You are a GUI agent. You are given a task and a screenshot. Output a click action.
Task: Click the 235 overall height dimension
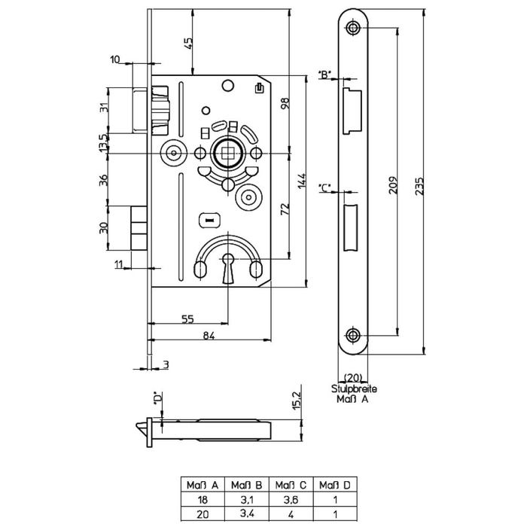point(420,186)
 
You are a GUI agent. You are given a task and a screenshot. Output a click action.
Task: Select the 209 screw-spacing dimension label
point(393,184)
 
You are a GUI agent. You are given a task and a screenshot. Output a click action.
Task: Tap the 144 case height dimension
point(302,181)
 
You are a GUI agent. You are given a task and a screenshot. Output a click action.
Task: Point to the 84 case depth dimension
point(209,335)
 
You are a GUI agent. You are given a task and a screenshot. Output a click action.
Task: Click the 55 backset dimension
point(187,318)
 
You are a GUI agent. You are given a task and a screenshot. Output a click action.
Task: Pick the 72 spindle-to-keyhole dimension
point(285,209)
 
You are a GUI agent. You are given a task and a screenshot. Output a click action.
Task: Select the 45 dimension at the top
point(188,44)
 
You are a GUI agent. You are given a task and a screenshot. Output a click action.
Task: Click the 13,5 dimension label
point(104,143)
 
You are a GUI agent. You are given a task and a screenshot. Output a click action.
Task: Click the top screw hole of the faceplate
point(352,28)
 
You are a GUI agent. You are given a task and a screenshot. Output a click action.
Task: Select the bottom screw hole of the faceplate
point(352,335)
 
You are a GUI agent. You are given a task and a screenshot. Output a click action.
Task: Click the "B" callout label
point(324,75)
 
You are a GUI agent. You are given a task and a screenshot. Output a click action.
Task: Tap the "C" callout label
point(324,188)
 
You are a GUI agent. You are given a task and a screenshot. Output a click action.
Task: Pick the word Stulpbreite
point(355,389)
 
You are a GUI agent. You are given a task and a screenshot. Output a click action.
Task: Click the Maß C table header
point(291,485)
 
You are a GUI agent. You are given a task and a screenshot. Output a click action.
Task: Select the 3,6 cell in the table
point(291,500)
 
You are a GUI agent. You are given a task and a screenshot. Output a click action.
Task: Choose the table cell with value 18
point(203,500)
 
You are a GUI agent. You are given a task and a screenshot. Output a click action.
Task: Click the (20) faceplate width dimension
point(353,377)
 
